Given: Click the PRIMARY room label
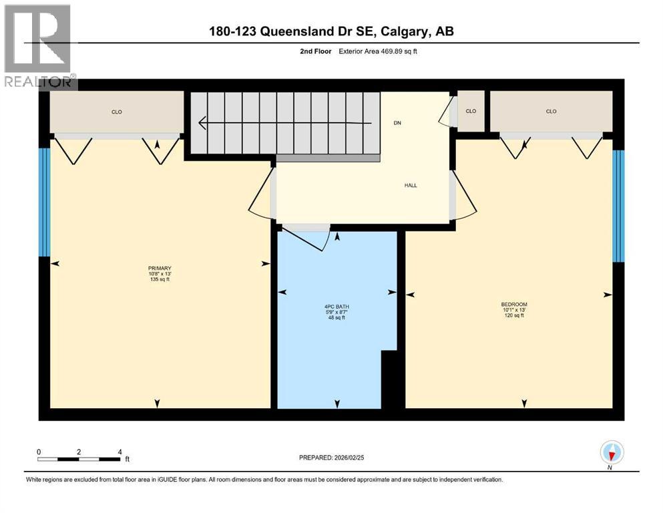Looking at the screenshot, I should coord(160,268).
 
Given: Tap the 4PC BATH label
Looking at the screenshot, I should coord(337,307).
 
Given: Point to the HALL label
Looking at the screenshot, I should coord(410,185).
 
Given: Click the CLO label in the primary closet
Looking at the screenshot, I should coord(117,112).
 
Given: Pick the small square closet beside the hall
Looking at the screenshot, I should coord(471,112).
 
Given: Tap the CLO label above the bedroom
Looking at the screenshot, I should coord(551,112).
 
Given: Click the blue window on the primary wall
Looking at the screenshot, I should coord(45,202).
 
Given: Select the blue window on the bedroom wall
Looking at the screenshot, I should coord(618,206).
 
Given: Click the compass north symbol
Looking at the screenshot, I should coord(612,453).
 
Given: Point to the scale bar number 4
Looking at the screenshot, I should coord(120,452).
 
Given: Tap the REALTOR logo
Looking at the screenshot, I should coord(39,47).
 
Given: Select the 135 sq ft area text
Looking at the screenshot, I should coord(160,280).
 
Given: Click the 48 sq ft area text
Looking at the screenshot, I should coord(337,318).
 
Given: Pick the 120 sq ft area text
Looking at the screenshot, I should coord(514,315).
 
